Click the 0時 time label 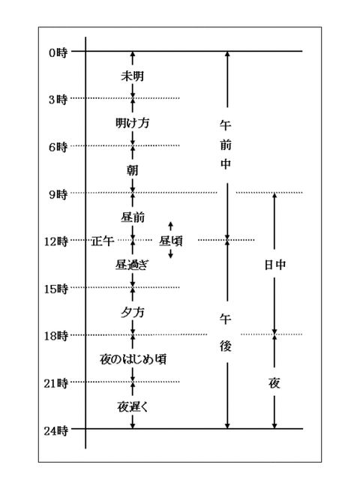[x=58, y=53]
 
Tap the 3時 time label [x=58, y=100]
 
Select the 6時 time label [x=58, y=147]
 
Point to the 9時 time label [x=58, y=194]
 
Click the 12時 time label [x=55, y=241]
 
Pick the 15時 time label [x=55, y=289]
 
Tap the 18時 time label [x=55, y=336]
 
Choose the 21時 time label [x=55, y=383]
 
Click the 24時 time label [x=55, y=431]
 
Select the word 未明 [x=132, y=76]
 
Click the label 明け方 [x=132, y=123]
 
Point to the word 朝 [x=133, y=170]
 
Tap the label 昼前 [x=133, y=217]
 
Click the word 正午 [x=103, y=241]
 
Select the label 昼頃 [x=171, y=241]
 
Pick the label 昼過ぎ [x=132, y=265]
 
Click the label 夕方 [x=132, y=313]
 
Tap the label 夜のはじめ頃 [x=133, y=359]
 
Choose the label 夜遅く [x=133, y=406]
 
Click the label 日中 [x=275, y=265]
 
